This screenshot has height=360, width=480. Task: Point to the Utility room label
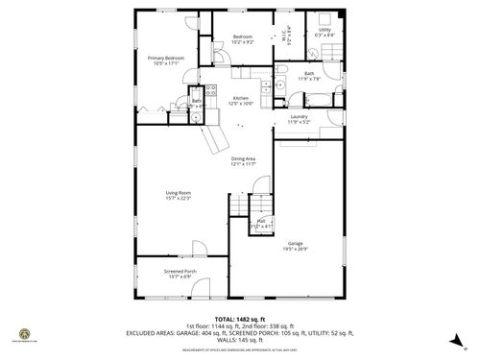[x=325, y=33]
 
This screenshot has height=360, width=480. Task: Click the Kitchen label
[x=242, y=101]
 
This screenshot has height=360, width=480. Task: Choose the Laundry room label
[x=300, y=120]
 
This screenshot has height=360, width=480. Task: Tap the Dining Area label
[x=242, y=161]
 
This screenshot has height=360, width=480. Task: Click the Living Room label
[x=179, y=195]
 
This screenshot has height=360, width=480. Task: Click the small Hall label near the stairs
[x=261, y=223]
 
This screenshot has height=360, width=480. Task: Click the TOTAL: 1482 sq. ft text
[x=240, y=317]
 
